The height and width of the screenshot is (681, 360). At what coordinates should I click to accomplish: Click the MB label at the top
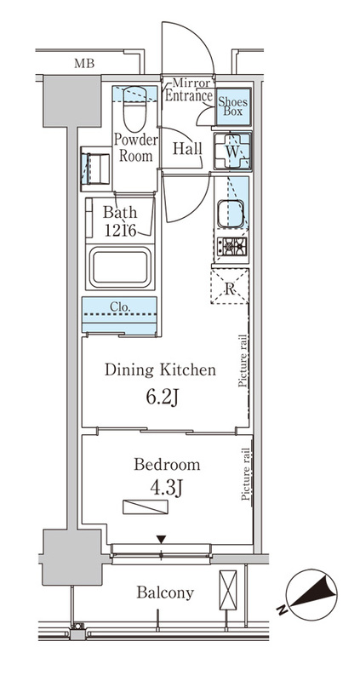[x=83, y=63]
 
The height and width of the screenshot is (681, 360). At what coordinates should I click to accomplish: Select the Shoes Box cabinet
[x=234, y=106]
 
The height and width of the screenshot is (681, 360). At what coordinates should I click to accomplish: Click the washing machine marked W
[x=232, y=151]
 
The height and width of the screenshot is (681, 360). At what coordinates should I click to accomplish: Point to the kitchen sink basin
[x=231, y=214]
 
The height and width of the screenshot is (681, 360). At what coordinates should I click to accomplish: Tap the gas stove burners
[x=231, y=247]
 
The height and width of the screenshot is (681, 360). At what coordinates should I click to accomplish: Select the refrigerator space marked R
[x=230, y=286]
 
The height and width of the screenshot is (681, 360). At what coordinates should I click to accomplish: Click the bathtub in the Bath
[x=120, y=266]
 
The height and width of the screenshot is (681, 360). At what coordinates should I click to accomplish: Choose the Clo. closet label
[x=120, y=306]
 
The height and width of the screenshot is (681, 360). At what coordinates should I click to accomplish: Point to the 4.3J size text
[x=166, y=489]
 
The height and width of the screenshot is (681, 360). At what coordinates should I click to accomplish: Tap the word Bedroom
[x=167, y=465]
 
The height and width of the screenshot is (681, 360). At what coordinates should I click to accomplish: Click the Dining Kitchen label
[x=160, y=370]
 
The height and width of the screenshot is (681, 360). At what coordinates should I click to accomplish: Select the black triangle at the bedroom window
[x=162, y=540]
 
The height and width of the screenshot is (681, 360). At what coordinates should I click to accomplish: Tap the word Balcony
[x=165, y=592]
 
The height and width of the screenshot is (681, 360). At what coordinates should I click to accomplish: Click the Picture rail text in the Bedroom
[x=246, y=474]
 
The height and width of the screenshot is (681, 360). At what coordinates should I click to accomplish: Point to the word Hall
[x=187, y=149]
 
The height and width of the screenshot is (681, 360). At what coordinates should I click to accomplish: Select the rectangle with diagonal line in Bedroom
[x=145, y=507]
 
